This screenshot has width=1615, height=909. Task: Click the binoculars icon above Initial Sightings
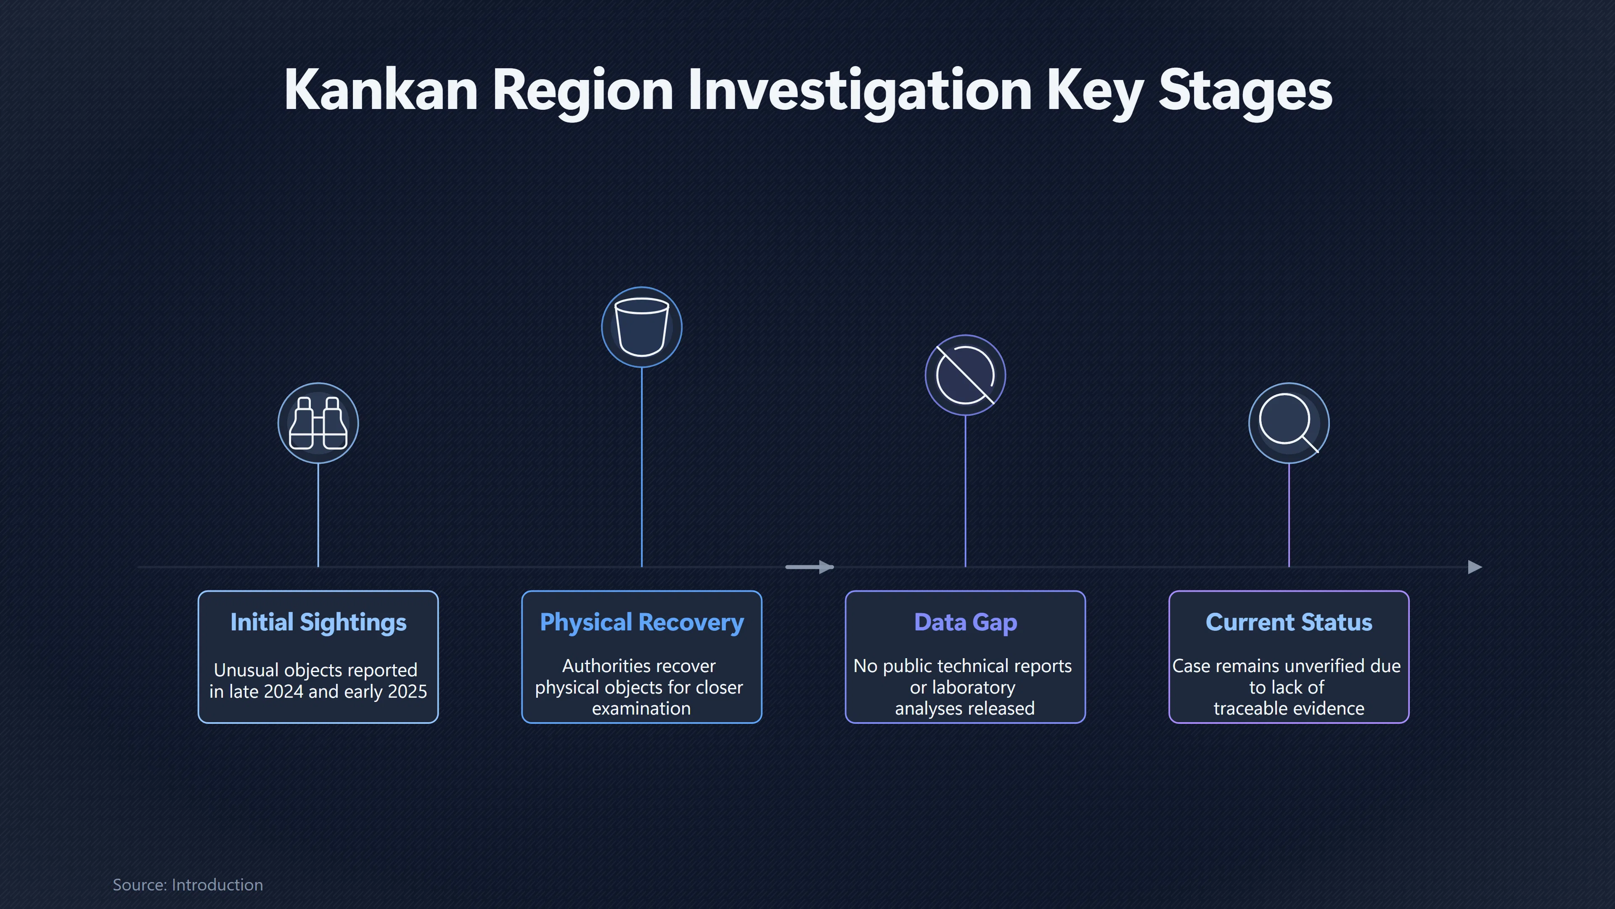318,423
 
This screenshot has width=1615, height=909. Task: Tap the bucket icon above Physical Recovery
641,327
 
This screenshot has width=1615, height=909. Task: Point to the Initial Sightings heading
318,622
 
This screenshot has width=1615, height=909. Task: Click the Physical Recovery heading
642,622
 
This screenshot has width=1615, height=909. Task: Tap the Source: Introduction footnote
188,885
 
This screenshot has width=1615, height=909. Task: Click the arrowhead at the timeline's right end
1475,567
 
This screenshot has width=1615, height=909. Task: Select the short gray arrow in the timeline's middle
809,567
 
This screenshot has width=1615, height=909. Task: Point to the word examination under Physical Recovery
641,709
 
